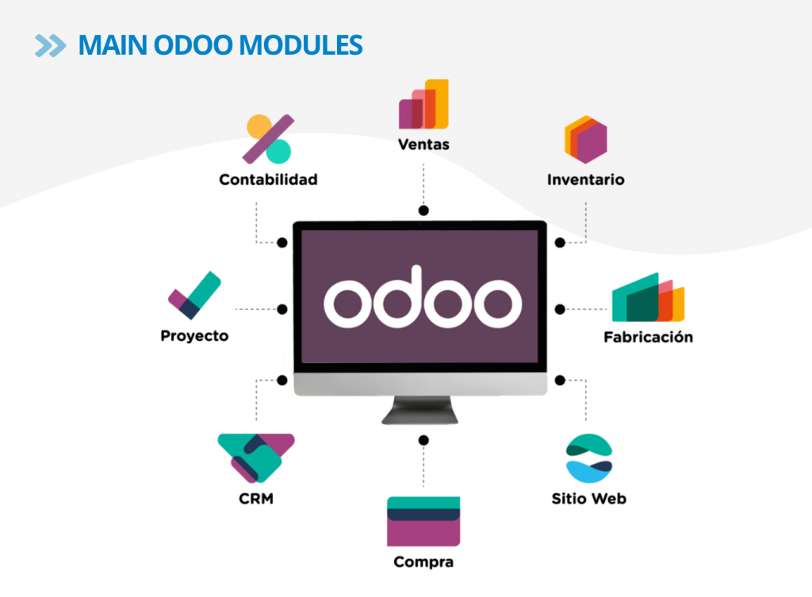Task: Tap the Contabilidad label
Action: tap(268, 179)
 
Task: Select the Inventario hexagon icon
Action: tap(585, 140)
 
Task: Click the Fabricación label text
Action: tap(648, 336)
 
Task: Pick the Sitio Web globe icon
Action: tap(588, 458)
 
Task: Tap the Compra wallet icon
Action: tap(423, 521)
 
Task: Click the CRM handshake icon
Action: tap(255, 457)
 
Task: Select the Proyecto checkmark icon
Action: tap(193, 295)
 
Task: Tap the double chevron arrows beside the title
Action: tap(51, 45)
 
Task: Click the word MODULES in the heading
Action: tap(308, 45)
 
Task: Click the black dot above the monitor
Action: tap(423, 211)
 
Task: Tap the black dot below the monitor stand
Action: tap(423, 440)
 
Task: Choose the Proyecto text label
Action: tap(194, 335)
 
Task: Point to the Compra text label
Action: tap(423, 562)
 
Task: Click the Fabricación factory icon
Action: tap(648, 297)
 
